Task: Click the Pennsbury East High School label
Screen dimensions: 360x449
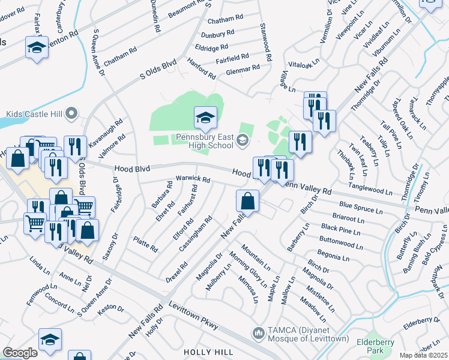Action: (204, 141)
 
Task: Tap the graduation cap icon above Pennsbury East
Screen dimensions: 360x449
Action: (205, 118)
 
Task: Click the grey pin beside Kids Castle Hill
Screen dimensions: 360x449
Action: (72, 113)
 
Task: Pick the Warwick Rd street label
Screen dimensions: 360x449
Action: (192, 179)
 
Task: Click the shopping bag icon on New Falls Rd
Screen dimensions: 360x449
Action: (247, 201)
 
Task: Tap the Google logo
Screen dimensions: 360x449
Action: (20, 353)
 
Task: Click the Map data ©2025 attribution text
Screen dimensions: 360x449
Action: (423, 355)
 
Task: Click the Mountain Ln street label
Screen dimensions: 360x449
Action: (256, 256)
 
